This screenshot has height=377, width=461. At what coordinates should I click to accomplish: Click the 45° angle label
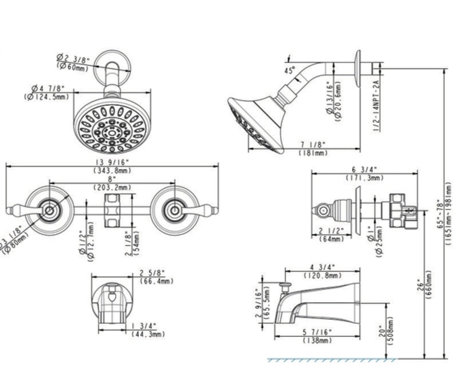point(290,70)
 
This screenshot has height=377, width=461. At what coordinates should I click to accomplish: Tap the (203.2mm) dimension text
point(113,188)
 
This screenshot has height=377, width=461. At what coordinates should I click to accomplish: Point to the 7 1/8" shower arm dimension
point(313,145)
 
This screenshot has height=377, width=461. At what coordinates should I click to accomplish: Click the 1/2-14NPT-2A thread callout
point(376,105)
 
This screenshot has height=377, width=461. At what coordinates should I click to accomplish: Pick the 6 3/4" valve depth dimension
point(365,170)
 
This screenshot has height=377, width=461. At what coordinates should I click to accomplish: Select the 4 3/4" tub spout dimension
point(322,267)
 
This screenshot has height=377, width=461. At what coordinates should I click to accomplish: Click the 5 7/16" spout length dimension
point(317,332)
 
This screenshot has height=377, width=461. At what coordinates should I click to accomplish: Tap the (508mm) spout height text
point(391,331)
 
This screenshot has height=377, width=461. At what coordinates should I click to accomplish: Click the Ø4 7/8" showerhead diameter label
point(48,88)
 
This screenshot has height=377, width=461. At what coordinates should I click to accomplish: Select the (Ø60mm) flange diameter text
point(73,67)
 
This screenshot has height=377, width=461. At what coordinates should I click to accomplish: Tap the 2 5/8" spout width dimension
point(152,273)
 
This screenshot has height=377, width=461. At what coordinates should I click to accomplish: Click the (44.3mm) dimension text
point(148,334)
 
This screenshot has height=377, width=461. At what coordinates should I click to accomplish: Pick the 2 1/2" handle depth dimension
point(332,231)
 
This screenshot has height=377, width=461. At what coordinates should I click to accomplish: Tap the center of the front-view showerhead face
point(112,133)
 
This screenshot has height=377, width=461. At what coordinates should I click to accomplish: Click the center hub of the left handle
point(49,210)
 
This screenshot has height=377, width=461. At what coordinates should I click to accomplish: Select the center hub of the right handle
point(174,210)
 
